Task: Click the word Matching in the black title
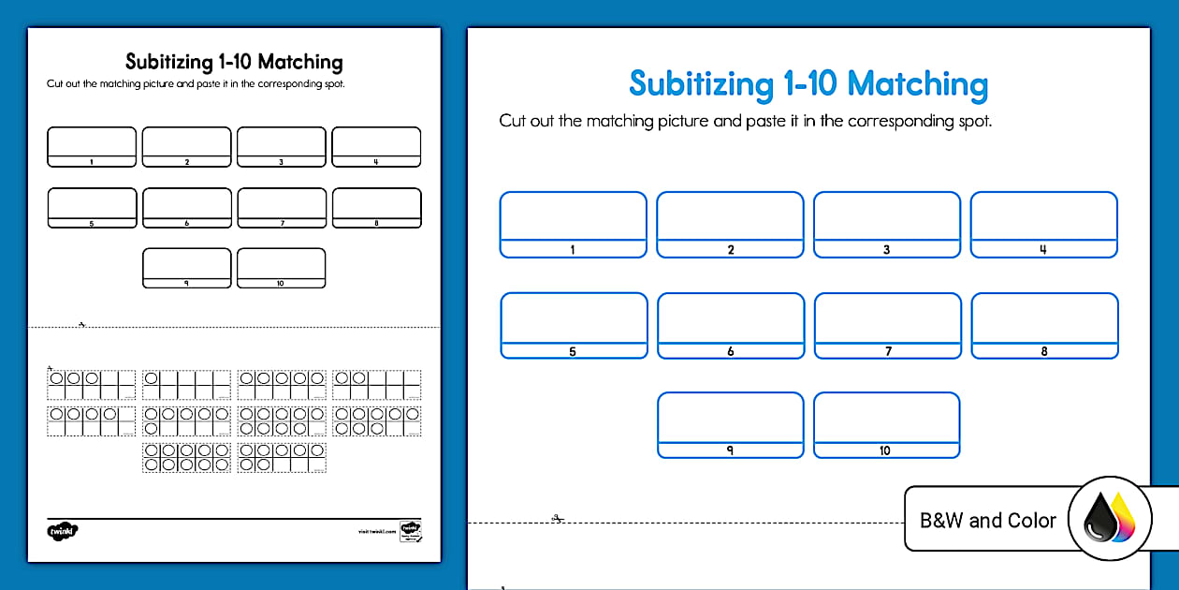click(x=300, y=63)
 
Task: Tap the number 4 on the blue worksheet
click(x=1043, y=250)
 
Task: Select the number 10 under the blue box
click(x=885, y=450)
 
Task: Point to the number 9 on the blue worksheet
click(x=730, y=450)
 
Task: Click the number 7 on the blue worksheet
click(x=887, y=351)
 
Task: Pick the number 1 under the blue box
click(x=573, y=250)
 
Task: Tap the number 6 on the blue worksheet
click(x=730, y=351)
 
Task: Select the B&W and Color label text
click(x=988, y=521)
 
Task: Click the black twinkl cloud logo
click(x=63, y=531)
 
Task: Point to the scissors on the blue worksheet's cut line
click(x=556, y=518)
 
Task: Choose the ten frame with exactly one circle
click(x=186, y=384)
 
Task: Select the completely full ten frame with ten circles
click(x=186, y=457)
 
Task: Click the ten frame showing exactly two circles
click(x=376, y=384)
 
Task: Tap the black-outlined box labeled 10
click(x=281, y=268)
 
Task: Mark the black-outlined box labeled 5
click(x=92, y=208)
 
